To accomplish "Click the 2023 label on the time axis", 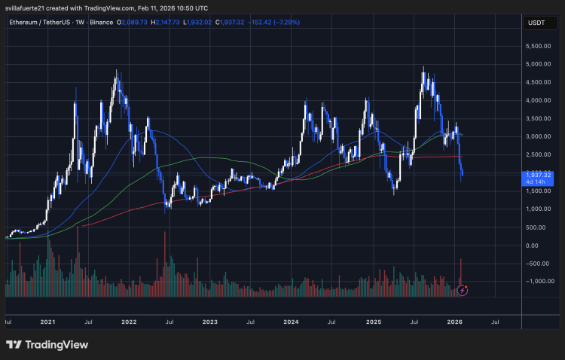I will coord(209,322).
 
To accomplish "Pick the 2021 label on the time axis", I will coord(47,322).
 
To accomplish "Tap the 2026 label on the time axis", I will coord(454,322).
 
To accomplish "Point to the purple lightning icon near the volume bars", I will coord(464,290).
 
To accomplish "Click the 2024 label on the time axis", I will coord(291,322).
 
